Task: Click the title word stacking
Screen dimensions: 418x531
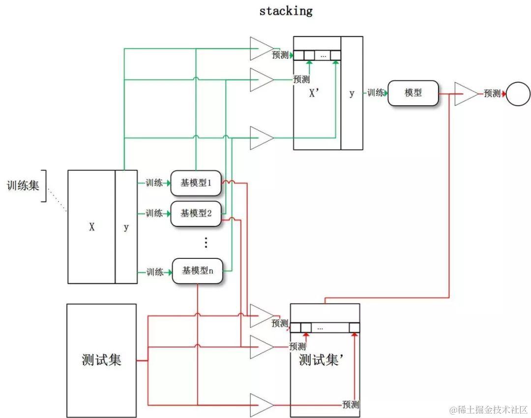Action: (286, 11)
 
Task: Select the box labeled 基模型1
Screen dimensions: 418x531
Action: (196, 183)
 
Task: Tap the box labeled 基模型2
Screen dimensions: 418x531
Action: (196, 213)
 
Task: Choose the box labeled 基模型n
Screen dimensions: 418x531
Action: (197, 271)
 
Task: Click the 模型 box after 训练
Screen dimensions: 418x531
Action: (413, 93)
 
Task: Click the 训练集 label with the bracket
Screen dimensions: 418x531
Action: (23, 186)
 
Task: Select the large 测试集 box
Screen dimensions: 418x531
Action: (101, 360)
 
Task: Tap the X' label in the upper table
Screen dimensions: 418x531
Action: (315, 94)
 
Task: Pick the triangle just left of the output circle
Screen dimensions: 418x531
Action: (465, 93)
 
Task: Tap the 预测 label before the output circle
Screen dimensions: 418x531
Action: (492, 93)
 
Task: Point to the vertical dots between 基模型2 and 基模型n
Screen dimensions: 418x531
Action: (206, 242)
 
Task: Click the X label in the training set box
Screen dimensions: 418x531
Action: (91, 227)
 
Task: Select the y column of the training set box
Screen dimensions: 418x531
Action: (126, 227)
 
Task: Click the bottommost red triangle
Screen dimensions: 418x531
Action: (261, 405)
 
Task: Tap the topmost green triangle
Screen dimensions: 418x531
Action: (261, 49)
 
